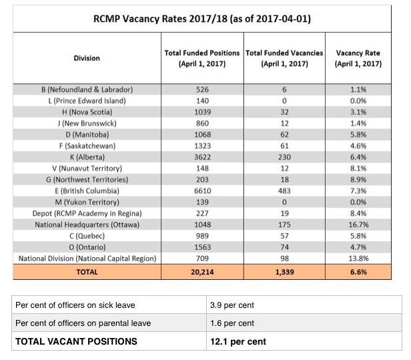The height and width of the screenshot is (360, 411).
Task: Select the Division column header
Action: click(x=87, y=58)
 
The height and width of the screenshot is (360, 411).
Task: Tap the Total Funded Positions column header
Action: click(x=203, y=58)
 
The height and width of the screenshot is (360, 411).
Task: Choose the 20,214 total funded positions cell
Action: click(x=203, y=273)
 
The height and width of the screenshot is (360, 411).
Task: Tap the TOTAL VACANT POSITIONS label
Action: click(x=76, y=342)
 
